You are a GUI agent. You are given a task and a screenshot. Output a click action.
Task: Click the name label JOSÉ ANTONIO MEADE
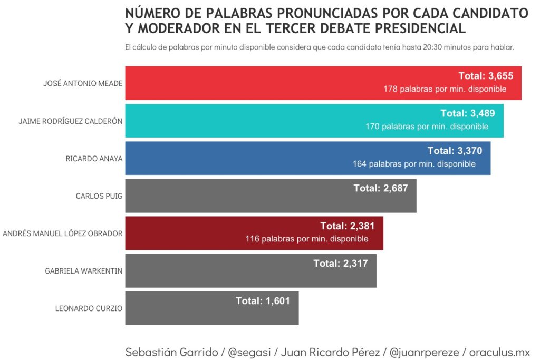tap(83, 83)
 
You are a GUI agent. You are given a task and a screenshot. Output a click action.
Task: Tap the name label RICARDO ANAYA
tap(94, 158)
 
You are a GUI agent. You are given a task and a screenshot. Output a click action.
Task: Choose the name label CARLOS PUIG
tap(99, 196)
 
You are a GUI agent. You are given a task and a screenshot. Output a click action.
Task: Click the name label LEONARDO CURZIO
tap(89, 308)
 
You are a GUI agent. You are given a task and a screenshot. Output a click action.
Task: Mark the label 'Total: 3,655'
tap(486, 76)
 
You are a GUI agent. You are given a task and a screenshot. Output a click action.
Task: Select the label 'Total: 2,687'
tap(381, 188)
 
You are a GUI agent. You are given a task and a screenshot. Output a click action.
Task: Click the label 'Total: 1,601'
tap(263, 301)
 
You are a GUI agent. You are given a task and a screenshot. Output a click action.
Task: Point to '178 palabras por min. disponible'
tap(445, 89)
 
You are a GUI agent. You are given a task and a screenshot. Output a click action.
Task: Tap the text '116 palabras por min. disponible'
tap(307, 239)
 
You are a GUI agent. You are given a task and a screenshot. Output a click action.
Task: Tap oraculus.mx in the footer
tap(499, 352)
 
